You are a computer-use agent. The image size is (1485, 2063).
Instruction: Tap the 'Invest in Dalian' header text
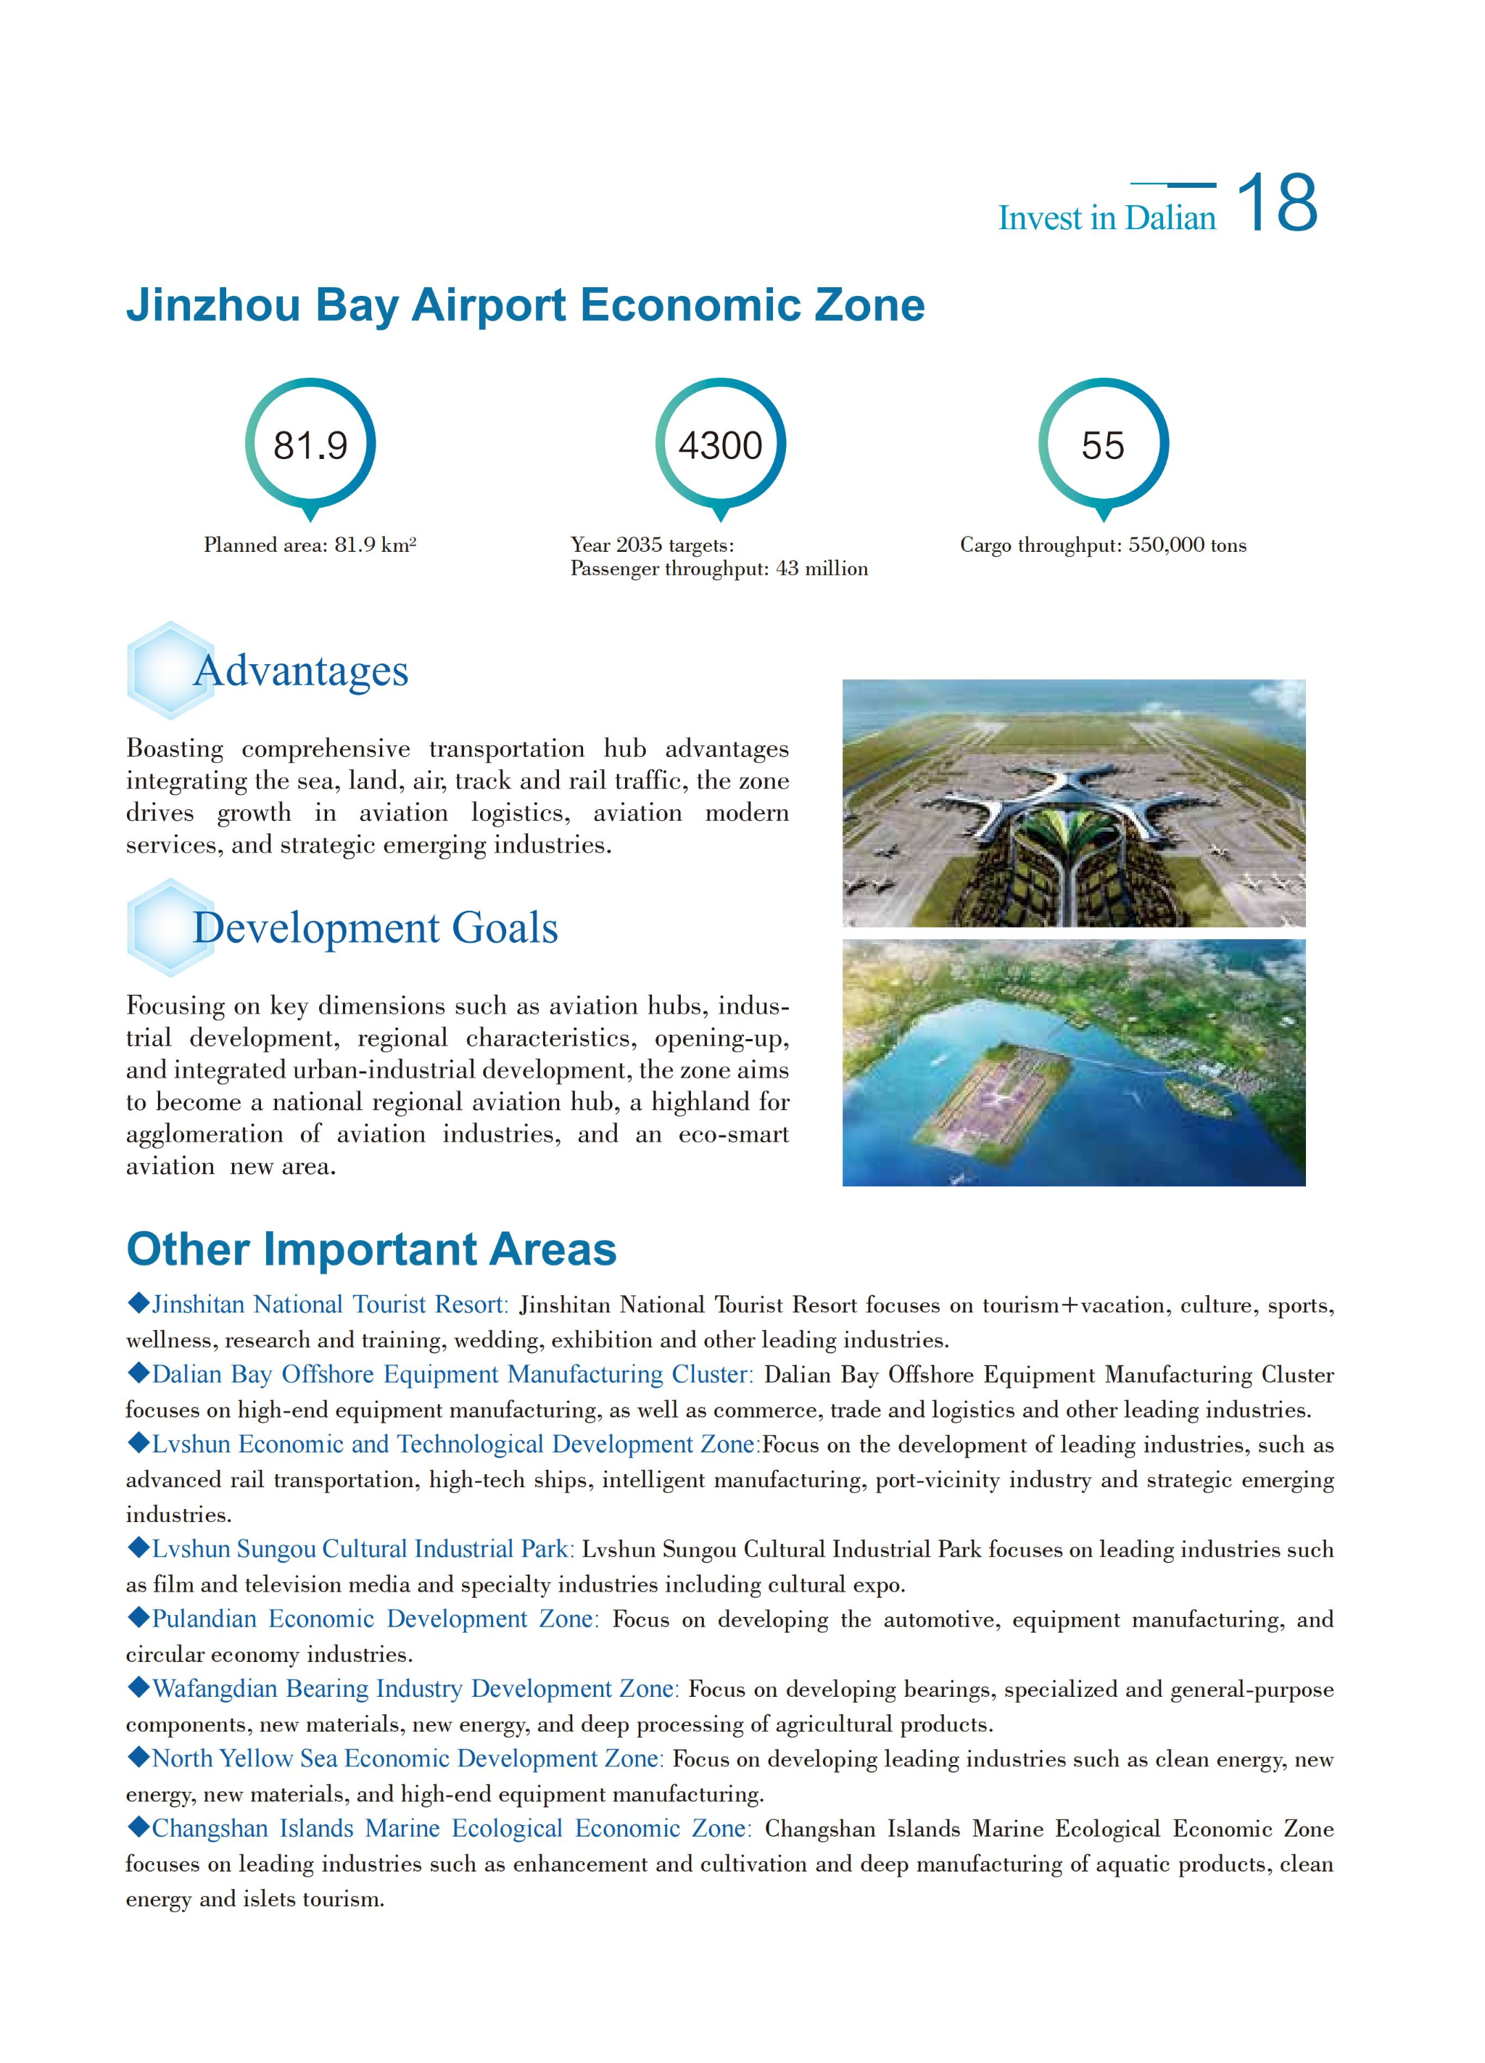pyautogui.click(x=1106, y=218)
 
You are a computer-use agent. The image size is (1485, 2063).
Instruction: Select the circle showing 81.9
pyautogui.click(x=310, y=445)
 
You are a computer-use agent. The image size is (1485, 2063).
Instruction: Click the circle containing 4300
pyautogui.click(x=720, y=445)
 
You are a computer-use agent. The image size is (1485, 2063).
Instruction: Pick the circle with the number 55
pyautogui.click(x=1103, y=445)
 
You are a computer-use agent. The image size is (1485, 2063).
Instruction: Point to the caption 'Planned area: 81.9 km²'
pyautogui.click(x=310, y=545)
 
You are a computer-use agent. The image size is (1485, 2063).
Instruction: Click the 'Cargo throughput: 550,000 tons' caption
pyautogui.click(x=1103, y=545)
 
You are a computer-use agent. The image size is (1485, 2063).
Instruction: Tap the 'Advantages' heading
pyautogui.click(x=300, y=671)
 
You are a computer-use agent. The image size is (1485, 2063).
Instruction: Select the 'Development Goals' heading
pyautogui.click(x=375, y=927)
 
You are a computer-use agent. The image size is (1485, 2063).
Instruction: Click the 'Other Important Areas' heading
pyautogui.click(x=371, y=1249)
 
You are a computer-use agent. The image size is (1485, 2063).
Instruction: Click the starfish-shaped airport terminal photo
pyautogui.click(x=1073, y=803)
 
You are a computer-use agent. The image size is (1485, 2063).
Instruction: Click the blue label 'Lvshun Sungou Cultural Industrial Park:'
pyautogui.click(x=362, y=1548)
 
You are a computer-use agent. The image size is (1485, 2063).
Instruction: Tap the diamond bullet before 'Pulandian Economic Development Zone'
pyautogui.click(x=138, y=1617)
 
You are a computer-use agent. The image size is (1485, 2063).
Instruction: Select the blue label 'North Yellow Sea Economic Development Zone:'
pyautogui.click(x=408, y=1758)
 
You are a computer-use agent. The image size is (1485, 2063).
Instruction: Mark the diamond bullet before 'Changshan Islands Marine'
pyautogui.click(x=138, y=1827)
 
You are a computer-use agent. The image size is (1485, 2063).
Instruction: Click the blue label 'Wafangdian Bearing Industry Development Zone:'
pyautogui.click(x=415, y=1688)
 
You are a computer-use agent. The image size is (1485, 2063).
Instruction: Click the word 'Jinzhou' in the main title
pyautogui.click(x=212, y=305)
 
